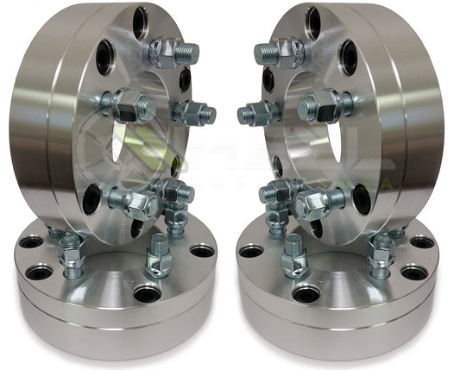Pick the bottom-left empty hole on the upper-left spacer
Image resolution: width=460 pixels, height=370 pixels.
pyautogui.click(x=91, y=199)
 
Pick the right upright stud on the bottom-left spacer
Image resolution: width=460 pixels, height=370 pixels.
pyautogui.click(x=159, y=255)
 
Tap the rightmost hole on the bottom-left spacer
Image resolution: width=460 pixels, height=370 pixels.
pyautogui.click(x=203, y=250)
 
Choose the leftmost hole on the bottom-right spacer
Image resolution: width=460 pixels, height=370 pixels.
pyautogui.click(x=251, y=250)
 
